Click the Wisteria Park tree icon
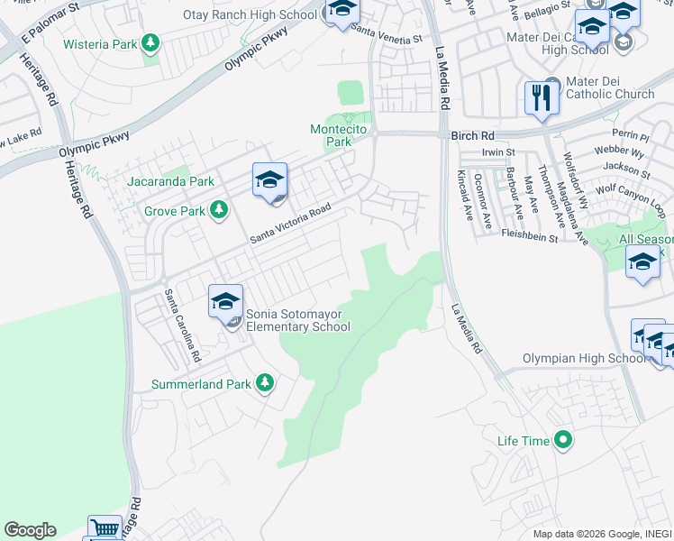pos(150,42)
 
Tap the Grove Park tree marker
pos(218,210)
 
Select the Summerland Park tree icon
pos(264,383)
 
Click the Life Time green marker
pos(563,441)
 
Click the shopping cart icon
pos(105,528)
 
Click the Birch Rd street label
pos(473,135)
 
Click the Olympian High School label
pos(585,359)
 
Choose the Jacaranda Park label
pos(171,181)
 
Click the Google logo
pos(30,530)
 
